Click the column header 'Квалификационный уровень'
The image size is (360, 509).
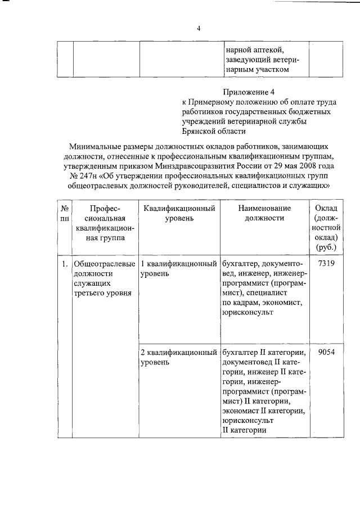[x=179, y=214]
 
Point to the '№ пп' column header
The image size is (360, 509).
[x=64, y=214]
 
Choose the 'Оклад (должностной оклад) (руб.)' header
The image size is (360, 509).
[x=326, y=228]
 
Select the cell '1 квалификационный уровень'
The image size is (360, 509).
[x=179, y=268]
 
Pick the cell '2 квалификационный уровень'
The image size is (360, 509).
[x=179, y=357]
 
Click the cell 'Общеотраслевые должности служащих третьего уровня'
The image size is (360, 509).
[x=104, y=278]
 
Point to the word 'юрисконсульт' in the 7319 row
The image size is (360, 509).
[x=248, y=313]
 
